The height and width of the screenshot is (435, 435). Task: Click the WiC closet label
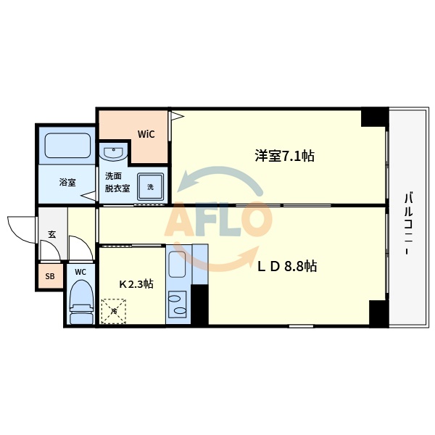click(146, 134)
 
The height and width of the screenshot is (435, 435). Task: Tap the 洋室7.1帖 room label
click(283, 155)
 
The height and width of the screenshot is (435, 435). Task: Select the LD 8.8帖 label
click(287, 266)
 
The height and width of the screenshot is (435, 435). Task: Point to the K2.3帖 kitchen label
click(136, 284)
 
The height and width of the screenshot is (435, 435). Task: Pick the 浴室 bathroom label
click(67, 183)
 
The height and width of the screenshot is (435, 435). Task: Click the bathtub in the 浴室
click(67, 146)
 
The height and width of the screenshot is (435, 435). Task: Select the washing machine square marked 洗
click(151, 186)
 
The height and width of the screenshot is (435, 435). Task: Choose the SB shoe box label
click(50, 276)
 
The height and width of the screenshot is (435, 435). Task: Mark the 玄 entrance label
click(52, 233)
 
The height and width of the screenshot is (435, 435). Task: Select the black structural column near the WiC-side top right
click(374, 116)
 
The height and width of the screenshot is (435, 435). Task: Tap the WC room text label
click(80, 272)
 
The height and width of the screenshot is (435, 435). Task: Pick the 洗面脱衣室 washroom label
click(117, 182)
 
